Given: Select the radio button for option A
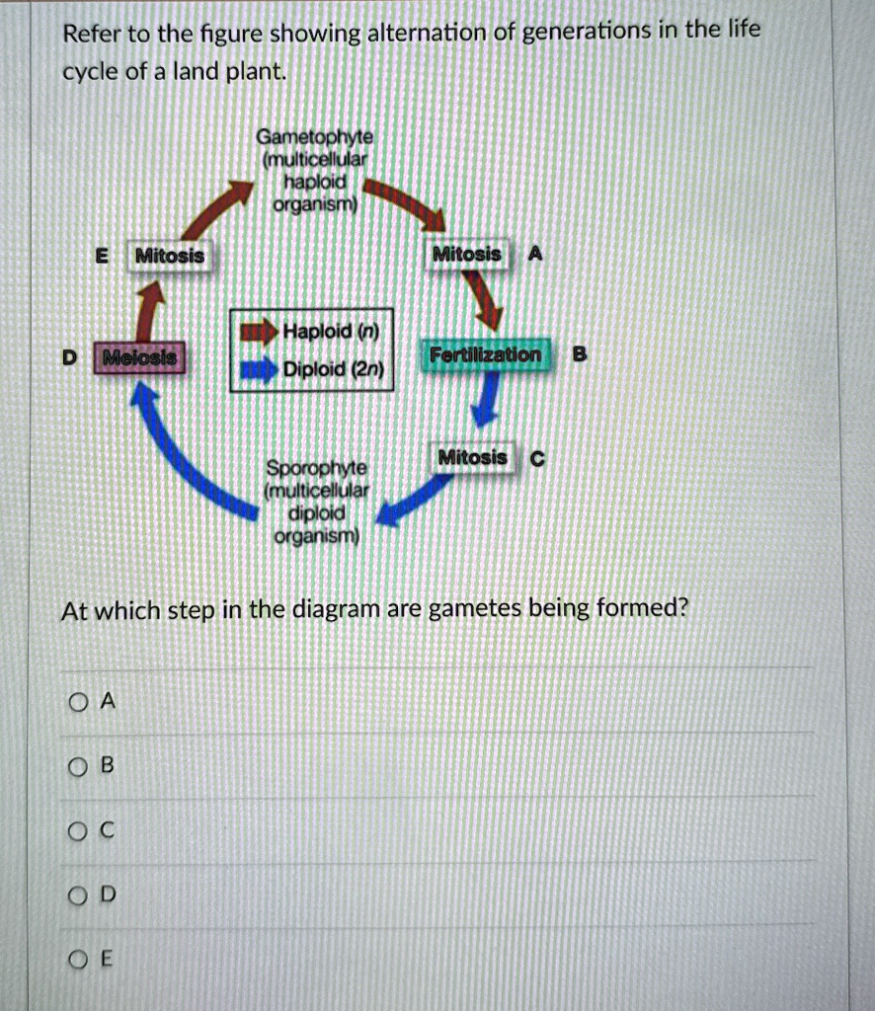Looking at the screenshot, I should pyautogui.click(x=78, y=702).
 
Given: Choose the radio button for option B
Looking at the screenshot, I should pyautogui.click(x=78, y=765).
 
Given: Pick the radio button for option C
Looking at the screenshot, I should pyautogui.click(x=78, y=830).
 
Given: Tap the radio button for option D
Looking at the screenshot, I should pyautogui.click(x=78, y=894).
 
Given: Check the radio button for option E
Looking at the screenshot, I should pyautogui.click(x=78, y=959).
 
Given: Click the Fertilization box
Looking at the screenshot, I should pyautogui.click(x=485, y=355).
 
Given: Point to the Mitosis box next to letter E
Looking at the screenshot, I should pyautogui.click(x=169, y=257).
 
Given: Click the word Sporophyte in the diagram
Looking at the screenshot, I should pyautogui.click(x=315, y=466).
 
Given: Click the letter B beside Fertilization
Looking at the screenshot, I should pyautogui.click(x=580, y=353).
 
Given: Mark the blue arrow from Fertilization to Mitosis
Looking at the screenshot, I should pyautogui.click(x=484, y=400).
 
